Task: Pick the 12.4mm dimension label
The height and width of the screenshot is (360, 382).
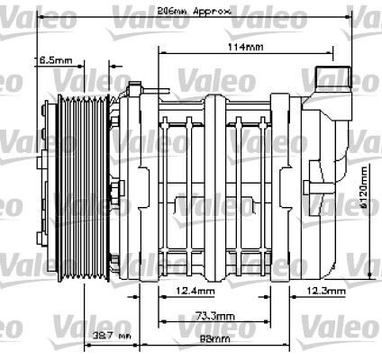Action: tap(196, 292)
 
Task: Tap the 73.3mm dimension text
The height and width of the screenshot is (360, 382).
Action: tap(211, 317)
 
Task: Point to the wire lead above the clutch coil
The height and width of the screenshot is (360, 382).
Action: tap(153, 89)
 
